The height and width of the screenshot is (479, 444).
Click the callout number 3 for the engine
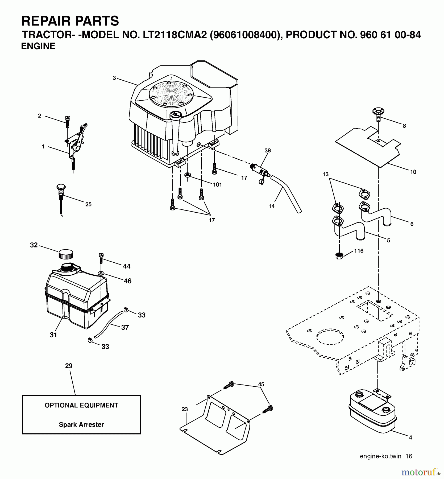tap(114, 78)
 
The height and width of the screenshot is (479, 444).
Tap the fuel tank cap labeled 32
tap(65, 254)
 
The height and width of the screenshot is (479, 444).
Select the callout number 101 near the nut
tap(217, 185)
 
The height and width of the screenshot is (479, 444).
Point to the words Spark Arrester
tap(81, 424)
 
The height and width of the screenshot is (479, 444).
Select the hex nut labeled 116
tap(339, 256)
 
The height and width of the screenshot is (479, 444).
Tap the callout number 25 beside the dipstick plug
tap(88, 204)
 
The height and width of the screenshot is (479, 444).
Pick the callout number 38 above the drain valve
tap(267, 150)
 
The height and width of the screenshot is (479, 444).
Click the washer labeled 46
tap(101, 273)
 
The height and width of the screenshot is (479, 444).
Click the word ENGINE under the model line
tap(38, 46)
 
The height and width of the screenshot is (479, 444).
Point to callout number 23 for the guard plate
tap(185, 409)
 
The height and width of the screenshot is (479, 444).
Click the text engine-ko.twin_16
tap(386, 456)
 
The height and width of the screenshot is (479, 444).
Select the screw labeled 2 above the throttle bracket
tap(67, 122)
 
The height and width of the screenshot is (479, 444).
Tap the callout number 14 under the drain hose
tap(271, 206)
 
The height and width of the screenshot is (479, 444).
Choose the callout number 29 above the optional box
tap(69, 366)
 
